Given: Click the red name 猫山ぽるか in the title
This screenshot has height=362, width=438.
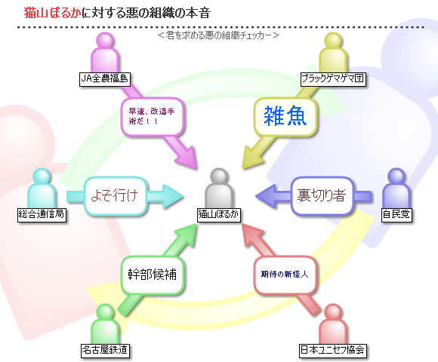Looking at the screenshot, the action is [x=53, y=13].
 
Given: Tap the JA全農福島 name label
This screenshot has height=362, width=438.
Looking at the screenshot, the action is [x=105, y=79].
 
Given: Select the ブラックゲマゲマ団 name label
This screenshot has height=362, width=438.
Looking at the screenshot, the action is [x=333, y=79].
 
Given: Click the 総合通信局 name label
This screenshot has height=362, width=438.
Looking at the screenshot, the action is [x=42, y=215].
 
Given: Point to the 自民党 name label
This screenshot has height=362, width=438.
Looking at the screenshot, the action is [x=396, y=215].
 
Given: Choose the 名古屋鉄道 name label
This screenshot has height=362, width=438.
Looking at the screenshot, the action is [x=105, y=351].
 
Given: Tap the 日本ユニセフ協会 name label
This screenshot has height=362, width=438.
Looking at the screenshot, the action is [x=333, y=351].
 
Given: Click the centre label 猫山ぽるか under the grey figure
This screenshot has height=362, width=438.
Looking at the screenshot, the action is [x=219, y=215].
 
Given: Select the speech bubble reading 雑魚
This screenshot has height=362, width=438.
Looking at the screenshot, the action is [x=285, y=117].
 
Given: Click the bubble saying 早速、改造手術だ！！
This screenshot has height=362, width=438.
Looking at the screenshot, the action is [x=153, y=117].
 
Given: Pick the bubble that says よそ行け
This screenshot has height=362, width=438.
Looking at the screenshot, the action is [x=115, y=196].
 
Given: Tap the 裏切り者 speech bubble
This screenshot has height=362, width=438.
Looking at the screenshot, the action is [x=322, y=196].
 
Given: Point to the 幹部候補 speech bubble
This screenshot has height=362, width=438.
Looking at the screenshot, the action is [x=153, y=275].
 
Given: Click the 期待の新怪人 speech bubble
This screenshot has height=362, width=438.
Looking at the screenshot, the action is [x=285, y=275].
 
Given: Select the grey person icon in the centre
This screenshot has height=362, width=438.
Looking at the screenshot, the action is [x=219, y=189].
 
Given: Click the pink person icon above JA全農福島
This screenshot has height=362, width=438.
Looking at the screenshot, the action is [x=105, y=53].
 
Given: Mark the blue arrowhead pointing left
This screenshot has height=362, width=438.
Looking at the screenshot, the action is [x=267, y=196].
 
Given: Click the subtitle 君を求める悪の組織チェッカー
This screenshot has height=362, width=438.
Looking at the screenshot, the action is [x=218, y=35].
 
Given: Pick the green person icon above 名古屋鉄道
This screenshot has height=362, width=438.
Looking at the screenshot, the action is [x=105, y=324].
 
